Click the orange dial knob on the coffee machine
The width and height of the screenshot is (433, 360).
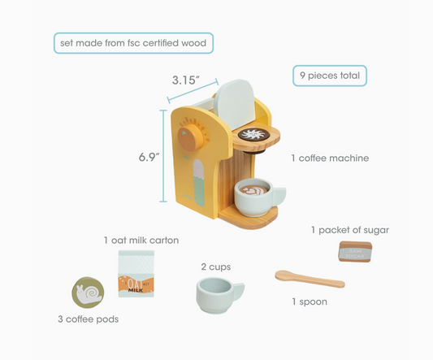tap(189, 137)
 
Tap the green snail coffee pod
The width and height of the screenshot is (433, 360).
tap(88, 293)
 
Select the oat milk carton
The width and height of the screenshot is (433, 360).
tap(136, 274)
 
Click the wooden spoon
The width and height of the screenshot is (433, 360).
tap(310, 279)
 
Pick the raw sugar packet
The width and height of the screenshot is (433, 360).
tap(355, 252)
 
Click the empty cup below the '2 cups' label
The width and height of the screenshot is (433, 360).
tap(220, 296)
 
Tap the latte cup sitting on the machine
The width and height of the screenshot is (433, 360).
tap(260, 197)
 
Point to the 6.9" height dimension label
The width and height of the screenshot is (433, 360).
tap(149, 157)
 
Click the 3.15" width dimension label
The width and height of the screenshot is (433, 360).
tap(185, 80)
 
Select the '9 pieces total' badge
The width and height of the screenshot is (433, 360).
tap(330, 76)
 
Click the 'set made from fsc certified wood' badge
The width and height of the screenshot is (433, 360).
tap(133, 43)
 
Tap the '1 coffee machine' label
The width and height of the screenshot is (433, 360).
tap(330, 158)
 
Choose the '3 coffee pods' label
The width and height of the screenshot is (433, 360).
tap(88, 319)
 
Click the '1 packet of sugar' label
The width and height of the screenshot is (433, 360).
tap(350, 230)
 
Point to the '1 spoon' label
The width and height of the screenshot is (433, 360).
tap(310, 301)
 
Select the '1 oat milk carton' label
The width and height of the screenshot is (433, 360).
tap(141, 240)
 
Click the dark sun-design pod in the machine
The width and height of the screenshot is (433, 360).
tap(253, 135)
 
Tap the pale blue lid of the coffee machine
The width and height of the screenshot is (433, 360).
tap(235, 104)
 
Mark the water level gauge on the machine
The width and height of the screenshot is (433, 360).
tap(199, 183)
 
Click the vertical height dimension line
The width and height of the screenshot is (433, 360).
tap(163, 156)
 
